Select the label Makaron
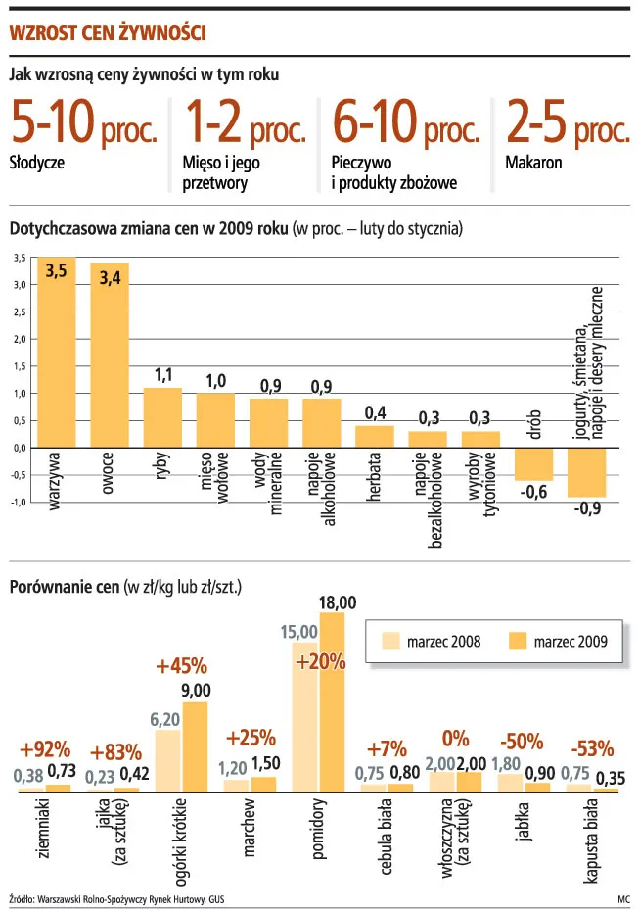click(x=533, y=163)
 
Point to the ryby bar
click(x=162, y=417)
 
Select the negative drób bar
click(x=533, y=463)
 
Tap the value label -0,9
click(x=587, y=508)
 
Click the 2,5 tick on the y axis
click(x=19, y=312)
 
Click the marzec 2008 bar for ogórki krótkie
click(x=167, y=760)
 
